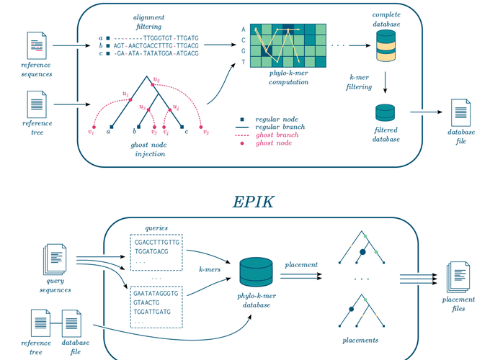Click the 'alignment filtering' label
coord(148,22)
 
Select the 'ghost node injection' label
coord(150,149)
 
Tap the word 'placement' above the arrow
coord(300,265)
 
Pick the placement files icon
coord(458,278)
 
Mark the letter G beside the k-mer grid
coord(244,51)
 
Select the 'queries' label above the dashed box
coord(156,228)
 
